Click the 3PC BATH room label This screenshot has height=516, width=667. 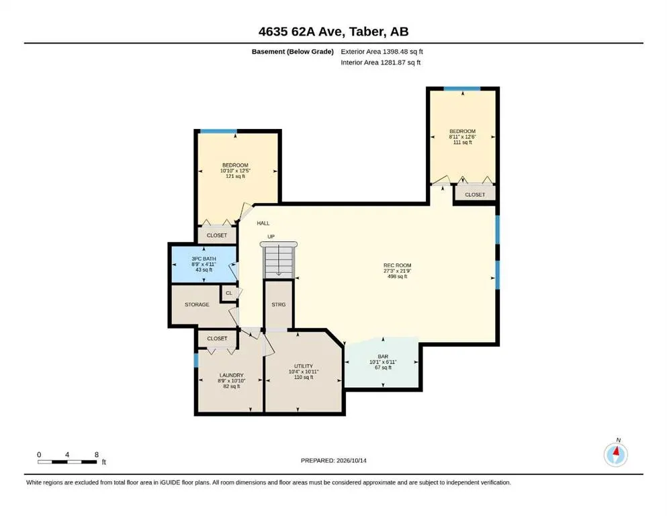204,259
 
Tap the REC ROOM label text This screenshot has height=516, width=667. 397,265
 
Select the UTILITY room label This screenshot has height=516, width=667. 304,366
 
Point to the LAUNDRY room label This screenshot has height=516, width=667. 232,375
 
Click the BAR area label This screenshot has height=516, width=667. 383,357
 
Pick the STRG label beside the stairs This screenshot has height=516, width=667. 279,304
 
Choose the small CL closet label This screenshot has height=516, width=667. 229,293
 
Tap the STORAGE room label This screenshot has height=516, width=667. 197,304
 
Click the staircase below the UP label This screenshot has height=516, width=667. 279,259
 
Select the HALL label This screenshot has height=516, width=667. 263,223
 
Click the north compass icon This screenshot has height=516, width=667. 616,454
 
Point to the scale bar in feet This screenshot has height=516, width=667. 67,462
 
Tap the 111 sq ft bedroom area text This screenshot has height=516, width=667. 462,142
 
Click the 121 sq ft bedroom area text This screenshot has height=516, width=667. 235,176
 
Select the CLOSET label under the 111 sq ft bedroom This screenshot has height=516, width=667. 475,195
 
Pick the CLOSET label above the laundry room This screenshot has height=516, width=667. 217,339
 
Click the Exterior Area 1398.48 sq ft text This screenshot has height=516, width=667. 382,52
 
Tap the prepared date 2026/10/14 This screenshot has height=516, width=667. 351,460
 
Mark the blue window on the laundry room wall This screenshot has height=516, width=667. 196,360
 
